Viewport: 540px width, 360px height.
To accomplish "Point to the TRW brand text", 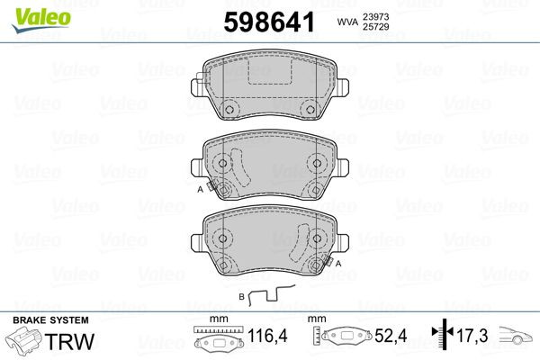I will pos(67,340).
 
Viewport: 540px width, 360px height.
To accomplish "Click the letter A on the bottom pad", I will pos(339,263).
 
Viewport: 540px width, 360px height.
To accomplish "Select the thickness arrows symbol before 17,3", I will pos(439,338).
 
